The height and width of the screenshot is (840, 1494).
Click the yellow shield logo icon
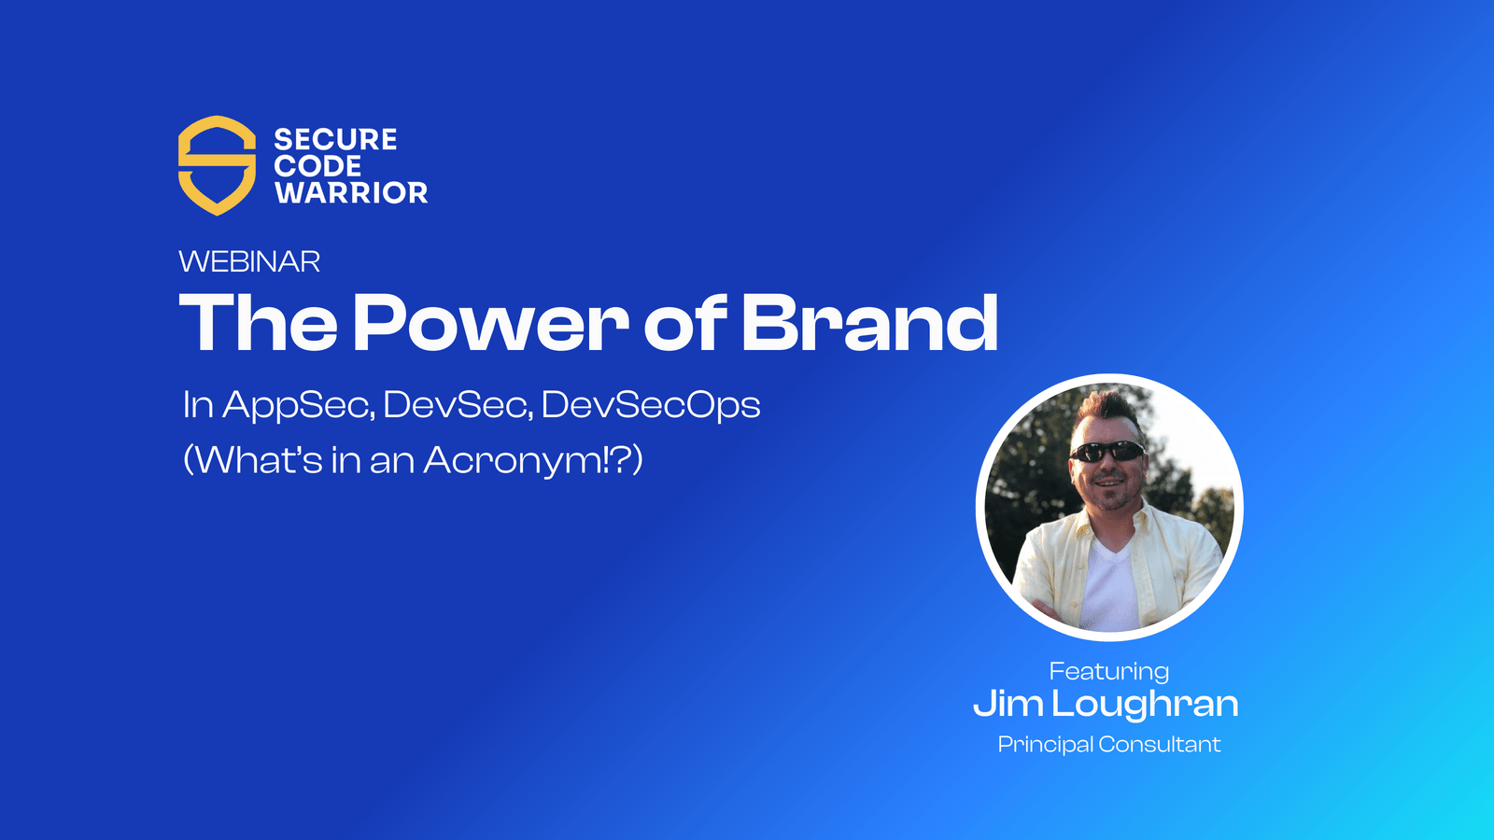217,165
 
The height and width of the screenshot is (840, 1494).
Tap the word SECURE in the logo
335,140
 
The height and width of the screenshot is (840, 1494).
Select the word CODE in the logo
317,166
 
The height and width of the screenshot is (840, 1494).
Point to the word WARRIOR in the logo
351,193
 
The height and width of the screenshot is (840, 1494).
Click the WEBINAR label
249,261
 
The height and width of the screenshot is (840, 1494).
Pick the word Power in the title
490,323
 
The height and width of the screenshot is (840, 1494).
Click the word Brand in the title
869,323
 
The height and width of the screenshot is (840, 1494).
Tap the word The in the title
258,323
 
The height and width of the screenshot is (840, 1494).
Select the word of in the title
684,323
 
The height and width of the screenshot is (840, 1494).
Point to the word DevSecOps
651,406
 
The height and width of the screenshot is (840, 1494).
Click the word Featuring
1108,671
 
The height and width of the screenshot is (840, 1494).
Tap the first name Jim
1008,704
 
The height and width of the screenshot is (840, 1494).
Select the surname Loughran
1145,705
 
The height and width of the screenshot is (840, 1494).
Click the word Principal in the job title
1045,745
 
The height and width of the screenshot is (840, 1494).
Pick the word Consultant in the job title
1160,745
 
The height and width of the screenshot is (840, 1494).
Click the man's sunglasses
1107,453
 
